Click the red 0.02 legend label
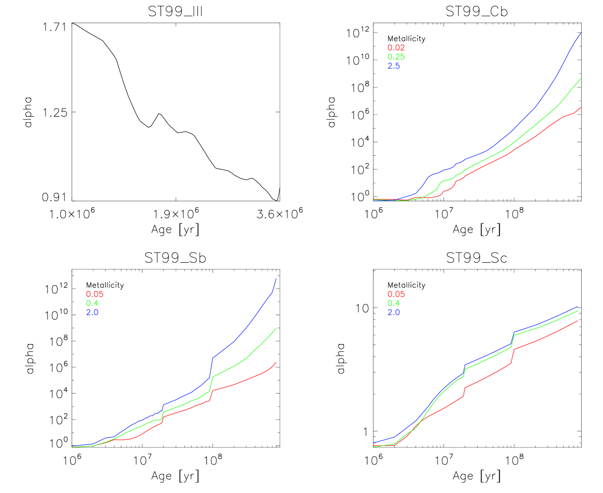396,48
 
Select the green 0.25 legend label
396,57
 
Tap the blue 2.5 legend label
393,66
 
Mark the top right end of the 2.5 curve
581,32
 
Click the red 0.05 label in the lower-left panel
94,294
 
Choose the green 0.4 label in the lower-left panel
92,303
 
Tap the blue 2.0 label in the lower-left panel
92,313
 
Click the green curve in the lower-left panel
235,365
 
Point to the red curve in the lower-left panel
235,385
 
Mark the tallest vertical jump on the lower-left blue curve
211,368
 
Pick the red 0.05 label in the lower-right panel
396,294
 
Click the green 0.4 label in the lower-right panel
393,303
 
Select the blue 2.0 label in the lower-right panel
393,313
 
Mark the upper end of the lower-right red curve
577,321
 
